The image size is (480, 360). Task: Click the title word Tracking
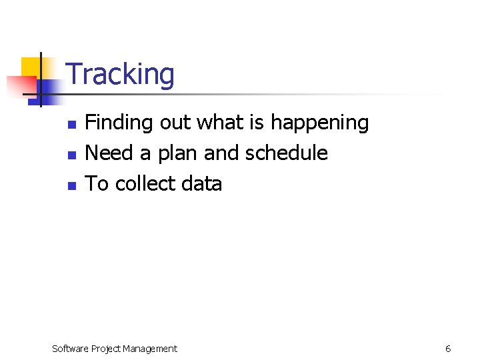121,75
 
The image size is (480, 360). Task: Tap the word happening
319,123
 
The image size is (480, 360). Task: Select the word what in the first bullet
219,123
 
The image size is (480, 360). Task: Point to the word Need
109,153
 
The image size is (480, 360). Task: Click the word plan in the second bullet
178,153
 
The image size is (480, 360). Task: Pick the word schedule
287,153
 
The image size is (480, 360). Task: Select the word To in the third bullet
97,184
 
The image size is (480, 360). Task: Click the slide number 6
448,349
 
